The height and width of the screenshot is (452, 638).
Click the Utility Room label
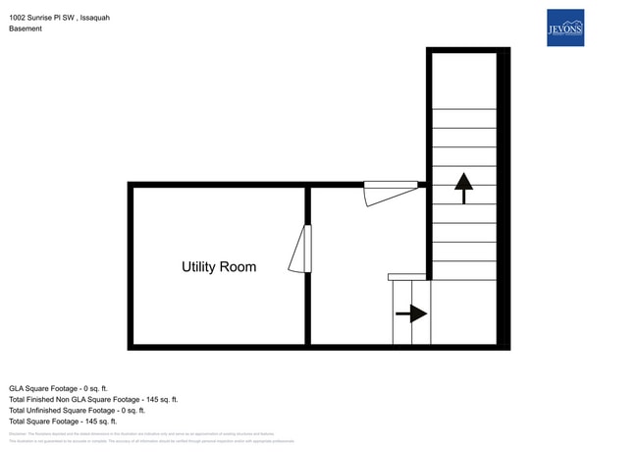pos(218,267)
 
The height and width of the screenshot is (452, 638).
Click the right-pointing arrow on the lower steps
pos(412,314)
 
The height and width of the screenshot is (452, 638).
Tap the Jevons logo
pos(564,28)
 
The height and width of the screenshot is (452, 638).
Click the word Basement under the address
pos(26,28)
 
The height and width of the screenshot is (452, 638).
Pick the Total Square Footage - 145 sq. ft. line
pos(63,421)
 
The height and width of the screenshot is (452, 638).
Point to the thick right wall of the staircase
pos(503,197)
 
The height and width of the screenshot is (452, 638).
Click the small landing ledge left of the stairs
pos(406,277)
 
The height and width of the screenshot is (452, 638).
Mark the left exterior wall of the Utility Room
pos(130,265)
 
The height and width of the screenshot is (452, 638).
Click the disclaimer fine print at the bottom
pos(147,437)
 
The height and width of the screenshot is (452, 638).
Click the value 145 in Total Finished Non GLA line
pos(149,399)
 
